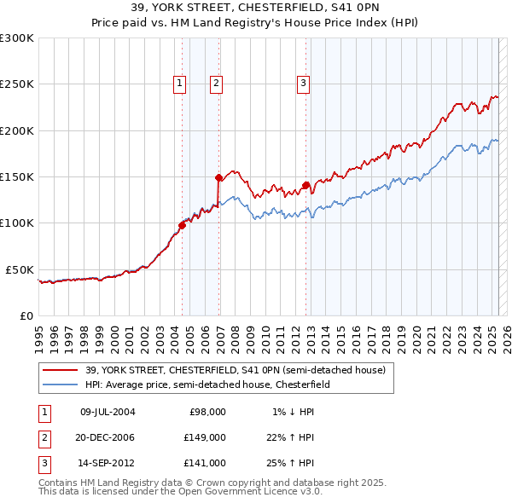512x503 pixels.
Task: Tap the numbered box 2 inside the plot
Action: tap(217, 83)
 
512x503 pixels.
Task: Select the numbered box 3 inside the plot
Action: tap(304, 83)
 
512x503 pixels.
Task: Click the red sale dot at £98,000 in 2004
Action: tap(182, 225)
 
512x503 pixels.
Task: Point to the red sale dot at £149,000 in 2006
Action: tap(218, 177)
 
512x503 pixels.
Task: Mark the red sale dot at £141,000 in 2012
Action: tap(305, 184)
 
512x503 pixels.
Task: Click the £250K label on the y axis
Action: tap(17, 84)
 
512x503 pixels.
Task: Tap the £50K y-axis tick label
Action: tap(20, 269)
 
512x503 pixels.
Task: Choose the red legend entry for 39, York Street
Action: tap(235, 370)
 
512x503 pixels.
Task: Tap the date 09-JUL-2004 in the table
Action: tap(108, 412)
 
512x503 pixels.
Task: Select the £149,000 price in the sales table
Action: tap(205, 437)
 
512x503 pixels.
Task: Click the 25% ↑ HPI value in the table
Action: tap(291, 463)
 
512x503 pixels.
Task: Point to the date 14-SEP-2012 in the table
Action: tap(108, 463)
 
